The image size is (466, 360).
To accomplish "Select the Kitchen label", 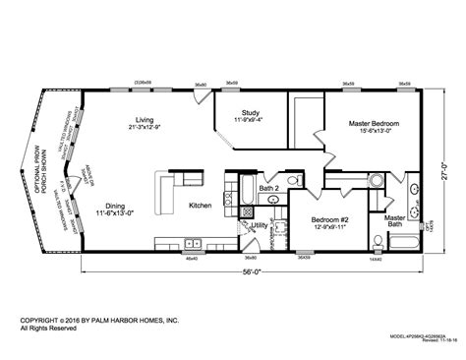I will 201,206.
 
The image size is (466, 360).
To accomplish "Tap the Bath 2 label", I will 269,187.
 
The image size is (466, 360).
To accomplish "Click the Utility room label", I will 261,225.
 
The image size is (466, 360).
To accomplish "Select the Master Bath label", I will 396,221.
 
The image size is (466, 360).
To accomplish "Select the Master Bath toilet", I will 379,239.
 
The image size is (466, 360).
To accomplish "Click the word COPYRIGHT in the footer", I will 39,320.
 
